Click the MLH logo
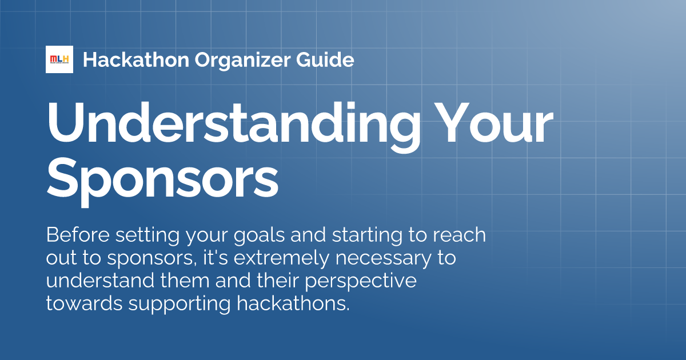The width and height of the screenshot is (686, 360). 59,59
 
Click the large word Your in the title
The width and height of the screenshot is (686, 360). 493,124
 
